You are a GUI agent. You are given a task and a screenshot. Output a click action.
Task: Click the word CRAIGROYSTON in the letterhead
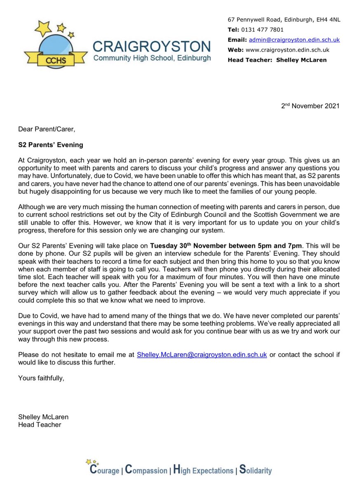point(152,46)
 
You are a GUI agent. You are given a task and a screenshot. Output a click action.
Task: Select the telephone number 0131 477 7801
point(263,30)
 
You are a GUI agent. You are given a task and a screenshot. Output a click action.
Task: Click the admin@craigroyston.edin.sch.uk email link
point(294,40)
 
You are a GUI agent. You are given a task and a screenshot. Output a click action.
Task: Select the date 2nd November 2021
point(310,106)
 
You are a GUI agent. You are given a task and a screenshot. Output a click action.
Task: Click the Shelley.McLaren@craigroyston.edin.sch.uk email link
point(202,354)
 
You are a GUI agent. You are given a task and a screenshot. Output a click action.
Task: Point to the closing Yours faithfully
point(41,378)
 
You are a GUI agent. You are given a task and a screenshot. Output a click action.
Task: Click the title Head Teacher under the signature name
point(40,424)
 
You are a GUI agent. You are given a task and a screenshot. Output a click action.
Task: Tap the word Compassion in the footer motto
point(146,470)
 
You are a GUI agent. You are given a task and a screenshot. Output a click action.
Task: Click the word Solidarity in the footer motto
point(256,470)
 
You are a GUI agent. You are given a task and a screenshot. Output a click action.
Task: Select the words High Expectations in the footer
point(203,470)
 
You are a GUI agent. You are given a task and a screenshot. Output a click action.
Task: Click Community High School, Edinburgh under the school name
point(152,58)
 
